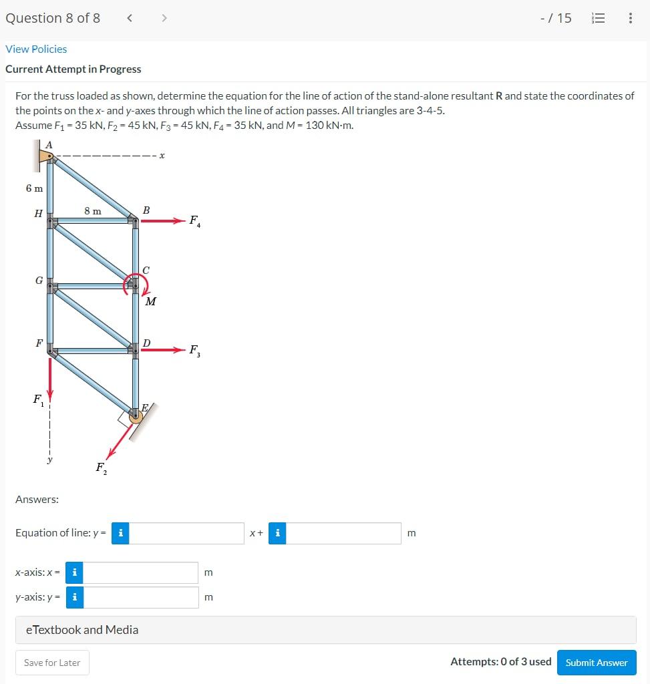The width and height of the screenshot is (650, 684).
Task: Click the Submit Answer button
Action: [x=597, y=663]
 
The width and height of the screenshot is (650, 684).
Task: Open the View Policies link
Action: [x=36, y=49]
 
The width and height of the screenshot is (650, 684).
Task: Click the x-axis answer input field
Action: [x=141, y=572]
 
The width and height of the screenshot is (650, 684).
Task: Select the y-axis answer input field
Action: [x=141, y=597]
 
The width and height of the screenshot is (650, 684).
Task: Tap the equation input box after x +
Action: [x=343, y=533]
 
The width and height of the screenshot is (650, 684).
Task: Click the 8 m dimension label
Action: [x=93, y=211]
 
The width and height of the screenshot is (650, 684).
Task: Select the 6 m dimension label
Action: [x=35, y=188]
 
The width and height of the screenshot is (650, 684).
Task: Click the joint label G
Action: [x=39, y=281]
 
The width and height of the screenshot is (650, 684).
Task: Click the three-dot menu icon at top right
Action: [x=630, y=19]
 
